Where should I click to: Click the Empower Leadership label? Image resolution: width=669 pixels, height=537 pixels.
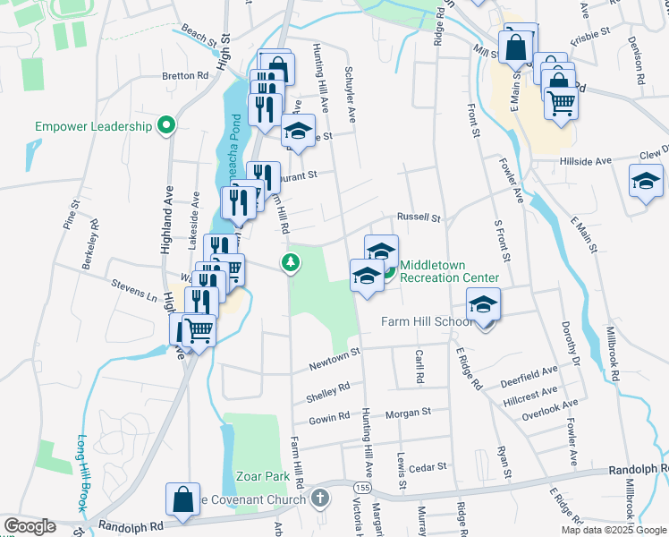click(x=94, y=126)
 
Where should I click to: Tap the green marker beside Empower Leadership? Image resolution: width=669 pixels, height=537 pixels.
click(x=165, y=126)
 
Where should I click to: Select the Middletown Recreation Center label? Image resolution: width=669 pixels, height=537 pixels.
click(x=449, y=271)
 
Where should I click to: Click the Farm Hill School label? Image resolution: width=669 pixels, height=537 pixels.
click(x=428, y=322)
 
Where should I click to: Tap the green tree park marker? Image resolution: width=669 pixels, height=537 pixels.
click(x=289, y=263)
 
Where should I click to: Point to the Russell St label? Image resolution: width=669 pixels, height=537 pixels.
click(x=419, y=217)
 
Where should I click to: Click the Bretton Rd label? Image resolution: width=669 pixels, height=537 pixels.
click(x=185, y=76)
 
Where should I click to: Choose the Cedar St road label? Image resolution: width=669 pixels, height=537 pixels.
click(x=428, y=466)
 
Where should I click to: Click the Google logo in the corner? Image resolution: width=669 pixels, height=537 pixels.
click(x=30, y=526)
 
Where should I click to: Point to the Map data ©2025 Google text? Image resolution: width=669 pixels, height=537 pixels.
click(x=613, y=530)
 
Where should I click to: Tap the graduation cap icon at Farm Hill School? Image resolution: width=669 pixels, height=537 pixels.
click(x=483, y=306)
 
